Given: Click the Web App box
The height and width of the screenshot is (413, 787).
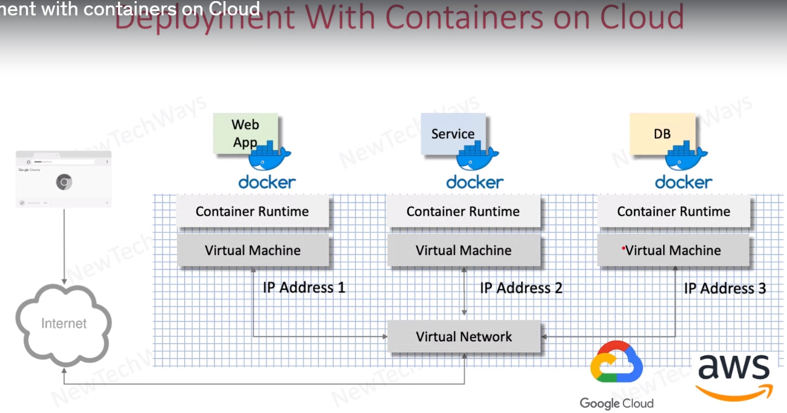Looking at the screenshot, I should point(245,133).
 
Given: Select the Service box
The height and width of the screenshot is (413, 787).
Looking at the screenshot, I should point(452,133).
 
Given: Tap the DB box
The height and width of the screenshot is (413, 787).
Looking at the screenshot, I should point(662,133).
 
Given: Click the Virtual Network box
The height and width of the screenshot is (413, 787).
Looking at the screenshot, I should point(463,336).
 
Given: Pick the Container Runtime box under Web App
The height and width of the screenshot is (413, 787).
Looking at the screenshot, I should point(252,211).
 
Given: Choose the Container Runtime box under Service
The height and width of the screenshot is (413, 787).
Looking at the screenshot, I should point(463,211).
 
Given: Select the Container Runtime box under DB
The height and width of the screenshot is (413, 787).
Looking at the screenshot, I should point(673,211).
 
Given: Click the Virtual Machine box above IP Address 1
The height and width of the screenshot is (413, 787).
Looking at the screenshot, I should point(252,251).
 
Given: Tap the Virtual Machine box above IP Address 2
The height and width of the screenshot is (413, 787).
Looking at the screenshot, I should point(463,251).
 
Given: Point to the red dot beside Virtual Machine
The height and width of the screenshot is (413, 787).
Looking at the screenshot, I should point(623,249).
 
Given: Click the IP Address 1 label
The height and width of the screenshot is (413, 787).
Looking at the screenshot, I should point(304,287).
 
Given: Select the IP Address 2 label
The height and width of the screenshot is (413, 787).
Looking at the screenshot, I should point(521,288).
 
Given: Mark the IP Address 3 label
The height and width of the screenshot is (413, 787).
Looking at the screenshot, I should point(725,289).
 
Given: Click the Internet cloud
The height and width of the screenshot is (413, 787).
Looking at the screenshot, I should point(64,323).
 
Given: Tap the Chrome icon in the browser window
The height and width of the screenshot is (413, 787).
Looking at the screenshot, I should point(64,182).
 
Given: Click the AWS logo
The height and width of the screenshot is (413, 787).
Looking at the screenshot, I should point(734,375).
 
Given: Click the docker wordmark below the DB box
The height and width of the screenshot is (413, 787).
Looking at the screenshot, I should point(683,182).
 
